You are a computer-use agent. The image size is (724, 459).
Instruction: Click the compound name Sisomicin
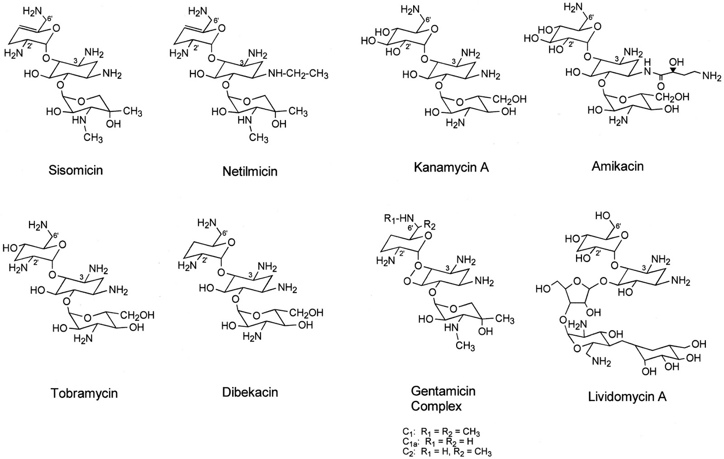pos(76,170)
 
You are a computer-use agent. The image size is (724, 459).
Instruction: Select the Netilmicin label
pos(250,171)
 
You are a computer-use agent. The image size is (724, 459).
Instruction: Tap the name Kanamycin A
pos(451,168)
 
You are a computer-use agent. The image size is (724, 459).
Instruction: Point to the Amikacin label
pos(617,166)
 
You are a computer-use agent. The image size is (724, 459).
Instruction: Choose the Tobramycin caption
pos(84,393)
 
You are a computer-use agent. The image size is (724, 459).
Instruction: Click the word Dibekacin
pos(250,392)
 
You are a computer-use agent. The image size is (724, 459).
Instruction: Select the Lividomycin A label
pos(627,397)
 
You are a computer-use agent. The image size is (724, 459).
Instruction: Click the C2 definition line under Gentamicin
pos(446,451)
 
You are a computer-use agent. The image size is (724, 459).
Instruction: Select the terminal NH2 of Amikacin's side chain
pos(712,77)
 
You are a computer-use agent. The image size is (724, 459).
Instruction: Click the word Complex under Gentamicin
pos(436,406)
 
